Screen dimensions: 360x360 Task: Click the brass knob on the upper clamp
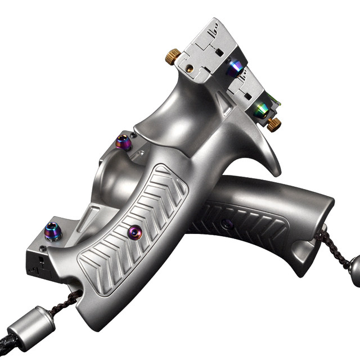(172, 55)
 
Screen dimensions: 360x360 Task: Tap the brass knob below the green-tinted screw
(274, 124)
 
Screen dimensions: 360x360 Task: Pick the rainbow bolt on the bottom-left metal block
(53, 231)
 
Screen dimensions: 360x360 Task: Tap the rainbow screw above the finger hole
(124, 143)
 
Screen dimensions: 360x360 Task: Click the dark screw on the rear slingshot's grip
(227, 224)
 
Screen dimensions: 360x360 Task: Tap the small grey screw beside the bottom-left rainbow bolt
(43, 248)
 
